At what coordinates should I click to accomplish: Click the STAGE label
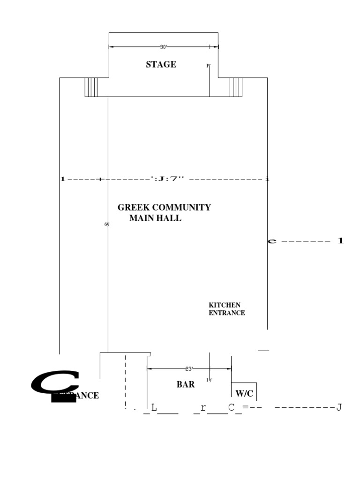(x=161, y=65)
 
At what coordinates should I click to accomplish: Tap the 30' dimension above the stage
(x=163, y=47)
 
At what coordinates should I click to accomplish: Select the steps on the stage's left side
(x=91, y=87)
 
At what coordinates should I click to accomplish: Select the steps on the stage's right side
(x=236, y=87)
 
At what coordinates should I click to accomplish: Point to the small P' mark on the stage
(x=209, y=66)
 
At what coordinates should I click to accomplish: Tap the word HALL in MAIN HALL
(x=171, y=218)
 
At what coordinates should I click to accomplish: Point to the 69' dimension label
(x=107, y=225)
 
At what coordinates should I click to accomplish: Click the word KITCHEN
(x=225, y=305)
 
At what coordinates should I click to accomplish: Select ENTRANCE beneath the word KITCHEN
(x=226, y=313)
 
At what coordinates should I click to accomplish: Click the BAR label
(x=186, y=384)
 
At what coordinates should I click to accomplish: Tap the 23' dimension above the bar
(x=189, y=369)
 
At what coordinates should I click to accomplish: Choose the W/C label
(x=244, y=393)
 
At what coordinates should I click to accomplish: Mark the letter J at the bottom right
(x=338, y=408)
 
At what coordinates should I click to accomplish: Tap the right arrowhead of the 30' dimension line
(x=216, y=47)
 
